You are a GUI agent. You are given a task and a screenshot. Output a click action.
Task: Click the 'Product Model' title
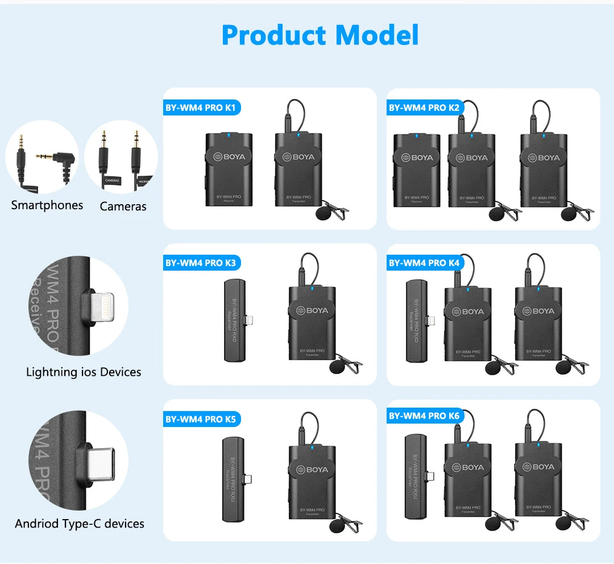tap(320, 35)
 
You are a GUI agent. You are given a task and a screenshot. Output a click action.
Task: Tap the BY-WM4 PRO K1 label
tap(194, 107)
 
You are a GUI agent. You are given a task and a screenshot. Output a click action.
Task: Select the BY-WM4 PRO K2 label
tap(418, 107)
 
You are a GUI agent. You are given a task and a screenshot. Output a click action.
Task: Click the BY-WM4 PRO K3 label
tap(200, 263)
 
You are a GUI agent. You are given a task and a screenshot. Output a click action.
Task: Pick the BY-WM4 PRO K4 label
tap(424, 263)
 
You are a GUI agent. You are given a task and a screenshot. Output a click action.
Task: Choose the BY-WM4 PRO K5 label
tap(200, 419)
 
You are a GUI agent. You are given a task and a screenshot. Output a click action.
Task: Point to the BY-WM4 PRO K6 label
tap(424, 416)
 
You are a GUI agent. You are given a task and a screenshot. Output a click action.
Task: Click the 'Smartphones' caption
tap(47, 205)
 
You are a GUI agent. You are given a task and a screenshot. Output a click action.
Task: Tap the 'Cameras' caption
tap(123, 206)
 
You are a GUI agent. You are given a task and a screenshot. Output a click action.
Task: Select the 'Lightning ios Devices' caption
tap(84, 372)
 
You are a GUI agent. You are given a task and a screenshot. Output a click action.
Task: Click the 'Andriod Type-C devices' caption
tap(80, 524)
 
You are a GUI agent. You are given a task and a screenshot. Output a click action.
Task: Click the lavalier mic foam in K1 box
tap(323, 214)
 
